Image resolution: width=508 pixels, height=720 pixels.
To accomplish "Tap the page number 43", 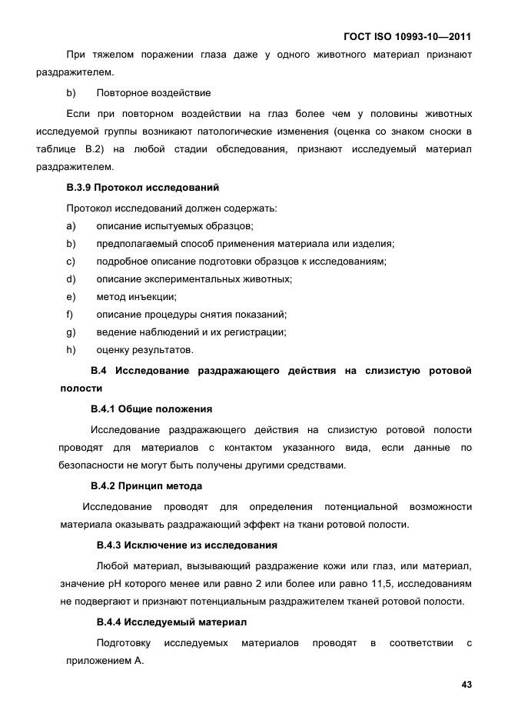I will click(x=466, y=684).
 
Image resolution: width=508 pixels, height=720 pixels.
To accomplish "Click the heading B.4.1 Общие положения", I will click(x=151, y=408).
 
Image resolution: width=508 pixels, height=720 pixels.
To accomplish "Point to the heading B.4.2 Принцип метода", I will click(x=146, y=486).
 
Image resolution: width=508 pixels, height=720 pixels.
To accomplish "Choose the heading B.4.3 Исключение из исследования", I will click(x=187, y=545).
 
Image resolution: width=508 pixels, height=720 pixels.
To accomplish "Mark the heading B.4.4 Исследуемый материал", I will click(x=171, y=622).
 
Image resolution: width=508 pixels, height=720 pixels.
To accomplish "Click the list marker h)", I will click(x=71, y=349).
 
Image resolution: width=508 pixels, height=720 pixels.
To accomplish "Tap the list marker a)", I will click(x=71, y=225).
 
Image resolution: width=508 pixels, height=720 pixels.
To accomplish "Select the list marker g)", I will click(x=71, y=332).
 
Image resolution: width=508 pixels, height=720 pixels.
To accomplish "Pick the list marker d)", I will click(x=71, y=278).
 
